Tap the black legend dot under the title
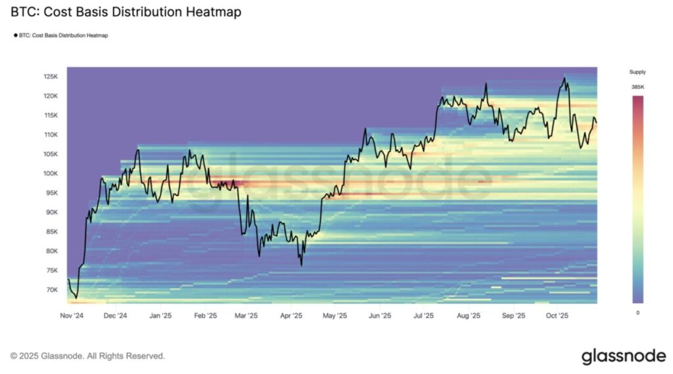[15, 35]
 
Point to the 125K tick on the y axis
[52, 77]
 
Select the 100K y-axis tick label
[52, 174]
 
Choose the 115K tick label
[52, 115]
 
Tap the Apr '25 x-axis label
[290, 315]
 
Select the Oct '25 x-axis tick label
[557, 315]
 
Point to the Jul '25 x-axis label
[423, 315]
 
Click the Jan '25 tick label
[160, 315]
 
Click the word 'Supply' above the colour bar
[638, 72]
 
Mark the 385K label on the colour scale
[638, 87]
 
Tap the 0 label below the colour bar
[638, 312]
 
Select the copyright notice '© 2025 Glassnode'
[87, 356]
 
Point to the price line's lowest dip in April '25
[301, 265]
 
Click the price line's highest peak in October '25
[563, 78]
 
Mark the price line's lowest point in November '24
[76, 298]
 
